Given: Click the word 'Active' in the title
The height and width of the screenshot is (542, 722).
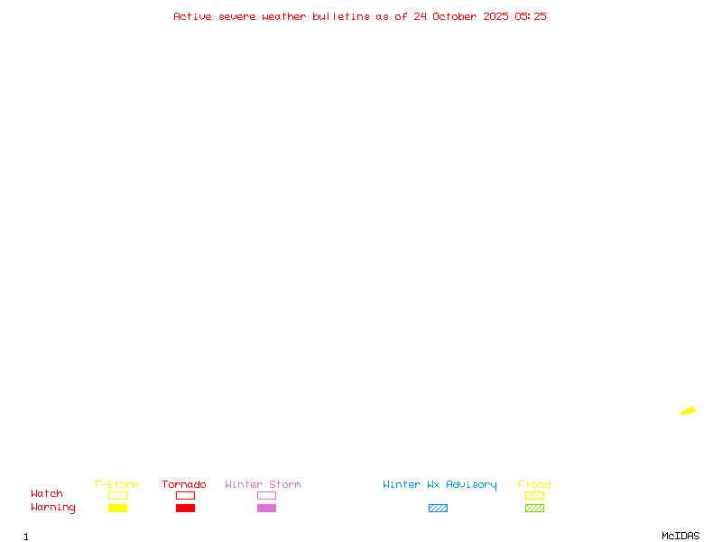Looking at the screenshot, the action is pos(192,16).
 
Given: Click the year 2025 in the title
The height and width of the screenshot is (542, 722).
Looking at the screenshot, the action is pos(495,16).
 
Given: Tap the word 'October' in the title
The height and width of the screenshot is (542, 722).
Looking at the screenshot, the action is pos(454,16).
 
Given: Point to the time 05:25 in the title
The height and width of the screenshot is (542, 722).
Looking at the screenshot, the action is pos(531,16).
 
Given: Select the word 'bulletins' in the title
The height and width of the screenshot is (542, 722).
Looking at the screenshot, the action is pos(341,16).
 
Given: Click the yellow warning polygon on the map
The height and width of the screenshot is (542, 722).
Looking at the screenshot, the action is pos(689,411).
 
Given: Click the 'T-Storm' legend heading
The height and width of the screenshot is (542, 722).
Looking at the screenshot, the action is pos(116,484).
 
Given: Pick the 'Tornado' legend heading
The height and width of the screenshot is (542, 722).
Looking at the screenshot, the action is pos(184,484).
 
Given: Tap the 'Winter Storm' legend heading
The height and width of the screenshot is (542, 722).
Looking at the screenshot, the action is pos(263,484).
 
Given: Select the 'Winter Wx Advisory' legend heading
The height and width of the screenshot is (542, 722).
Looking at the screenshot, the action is pos(440,485).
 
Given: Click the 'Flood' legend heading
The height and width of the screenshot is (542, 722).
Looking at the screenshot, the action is pos(533,484).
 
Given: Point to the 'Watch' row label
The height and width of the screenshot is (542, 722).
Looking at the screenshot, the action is pos(47,493).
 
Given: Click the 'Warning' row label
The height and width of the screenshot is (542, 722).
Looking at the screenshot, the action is pos(53,508).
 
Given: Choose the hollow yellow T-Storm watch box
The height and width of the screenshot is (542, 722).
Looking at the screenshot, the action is pos(118,491).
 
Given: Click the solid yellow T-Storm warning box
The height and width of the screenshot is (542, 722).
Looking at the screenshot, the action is pos(118,508).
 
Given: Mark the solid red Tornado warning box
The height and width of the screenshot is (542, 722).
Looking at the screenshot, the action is pos(186,508).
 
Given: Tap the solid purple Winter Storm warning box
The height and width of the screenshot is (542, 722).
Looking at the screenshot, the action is pos(266,508).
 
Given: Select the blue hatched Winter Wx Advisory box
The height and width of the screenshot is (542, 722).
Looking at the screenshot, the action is pos(438,508).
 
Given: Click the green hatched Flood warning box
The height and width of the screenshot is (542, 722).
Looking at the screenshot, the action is pos(534,508).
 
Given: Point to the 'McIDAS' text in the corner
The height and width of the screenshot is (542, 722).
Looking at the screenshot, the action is pos(680,536).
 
